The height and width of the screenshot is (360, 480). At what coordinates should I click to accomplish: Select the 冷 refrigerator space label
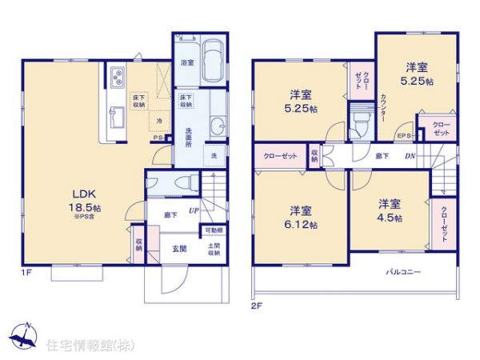(161, 122)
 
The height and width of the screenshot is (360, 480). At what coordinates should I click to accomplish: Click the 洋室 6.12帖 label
(302, 217)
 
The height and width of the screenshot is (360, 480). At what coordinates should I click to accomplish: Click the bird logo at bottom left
(24, 334)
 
